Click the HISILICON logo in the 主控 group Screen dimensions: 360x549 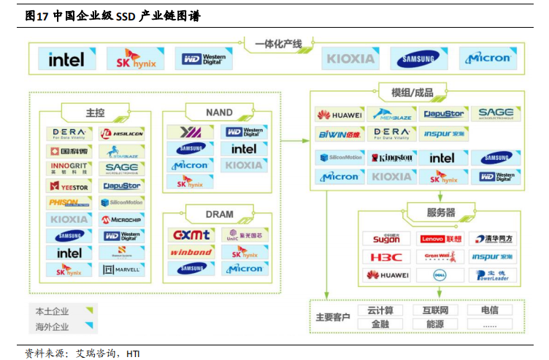tap(122, 134)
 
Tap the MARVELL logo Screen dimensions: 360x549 tap(122, 269)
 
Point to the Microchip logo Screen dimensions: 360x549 tap(122, 219)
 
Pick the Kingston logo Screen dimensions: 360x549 tap(391, 158)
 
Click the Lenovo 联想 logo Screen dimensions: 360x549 tap(440, 239)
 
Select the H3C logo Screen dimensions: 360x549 tap(386, 257)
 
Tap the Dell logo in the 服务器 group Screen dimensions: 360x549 tap(440, 275)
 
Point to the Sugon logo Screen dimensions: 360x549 tap(386, 239)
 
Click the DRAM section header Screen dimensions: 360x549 tap(219, 214)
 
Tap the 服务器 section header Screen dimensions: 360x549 tap(440, 212)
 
